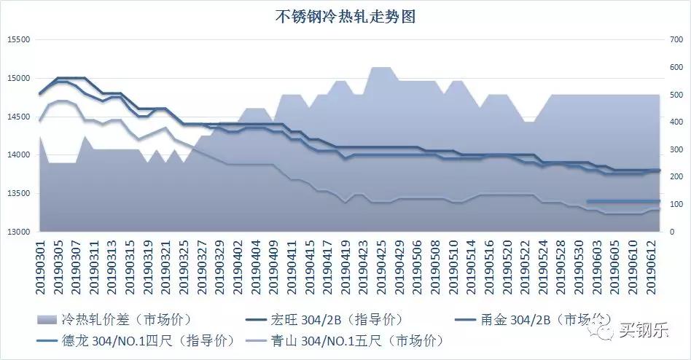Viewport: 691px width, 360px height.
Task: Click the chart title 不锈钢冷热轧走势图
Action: click(345, 16)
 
